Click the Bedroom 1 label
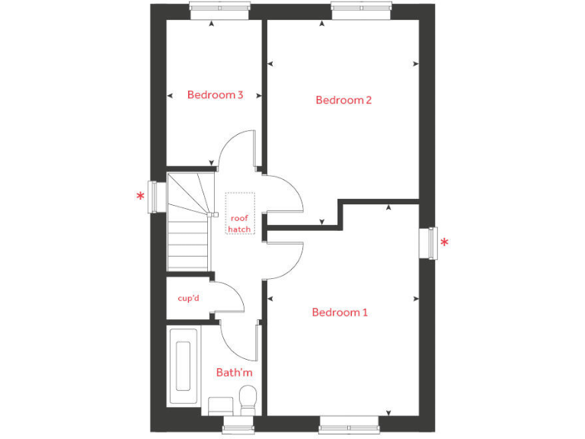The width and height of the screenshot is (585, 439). coord(340,312)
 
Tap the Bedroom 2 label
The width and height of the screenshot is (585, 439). coord(344,100)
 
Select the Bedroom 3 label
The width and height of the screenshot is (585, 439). coord(215,95)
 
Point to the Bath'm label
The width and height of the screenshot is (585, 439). coord(234,373)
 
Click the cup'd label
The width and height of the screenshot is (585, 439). coord(188,298)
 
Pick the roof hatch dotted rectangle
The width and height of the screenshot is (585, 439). coord(239,213)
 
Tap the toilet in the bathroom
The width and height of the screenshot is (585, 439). coord(248,399)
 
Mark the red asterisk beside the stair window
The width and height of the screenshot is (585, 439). coord(140,197)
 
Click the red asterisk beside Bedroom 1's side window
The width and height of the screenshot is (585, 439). coord(445,244)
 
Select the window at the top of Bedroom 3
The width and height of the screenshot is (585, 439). coord(219,9)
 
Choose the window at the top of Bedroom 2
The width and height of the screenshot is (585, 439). coord(361,9)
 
